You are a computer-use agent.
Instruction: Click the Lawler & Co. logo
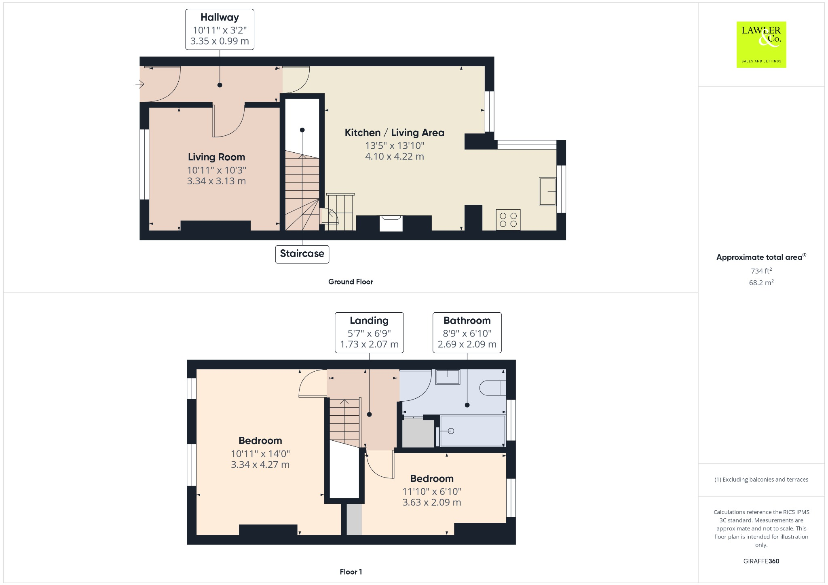pos(761,44)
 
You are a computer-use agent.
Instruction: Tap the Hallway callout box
pos(220,29)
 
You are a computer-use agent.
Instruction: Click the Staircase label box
pos(302,254)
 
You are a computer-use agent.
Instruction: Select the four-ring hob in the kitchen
pos(508,220)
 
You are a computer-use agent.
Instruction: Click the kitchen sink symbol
pos(547,191)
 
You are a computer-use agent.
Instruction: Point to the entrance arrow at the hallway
pos(140,84)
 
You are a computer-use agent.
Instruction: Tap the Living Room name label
pos(216,157)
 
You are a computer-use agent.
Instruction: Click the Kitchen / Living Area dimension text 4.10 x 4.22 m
pos(394,156)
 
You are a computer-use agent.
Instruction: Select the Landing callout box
pos(369,332)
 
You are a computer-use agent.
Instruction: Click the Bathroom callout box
pos(467,332)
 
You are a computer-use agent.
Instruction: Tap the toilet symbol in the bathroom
pos(492,388)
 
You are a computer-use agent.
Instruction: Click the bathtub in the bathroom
pos(472,431)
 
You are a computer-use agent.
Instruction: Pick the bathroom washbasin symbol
pos(448,377)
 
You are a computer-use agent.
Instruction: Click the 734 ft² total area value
pos(761,271)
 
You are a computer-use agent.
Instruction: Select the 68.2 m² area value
pos(761,282)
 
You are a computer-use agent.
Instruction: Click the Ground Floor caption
pos(351,282)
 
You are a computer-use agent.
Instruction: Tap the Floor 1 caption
pos(351,572)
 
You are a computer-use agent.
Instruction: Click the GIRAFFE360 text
pos(761,561)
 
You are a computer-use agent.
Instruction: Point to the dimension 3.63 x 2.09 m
pos(431,503)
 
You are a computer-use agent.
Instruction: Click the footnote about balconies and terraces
pos(761,480)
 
